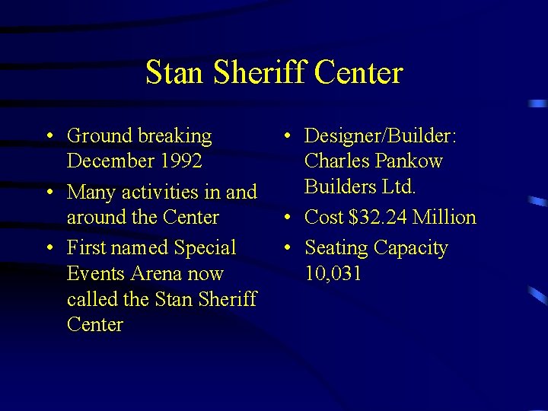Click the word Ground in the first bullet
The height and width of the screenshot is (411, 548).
tap(100, 136)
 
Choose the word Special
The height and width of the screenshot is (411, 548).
tap(205, 248)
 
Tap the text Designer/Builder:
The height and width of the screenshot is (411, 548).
tap(380, 136)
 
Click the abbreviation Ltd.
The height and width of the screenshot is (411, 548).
tap(400, 186)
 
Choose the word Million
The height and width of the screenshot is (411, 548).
tap(444, 218)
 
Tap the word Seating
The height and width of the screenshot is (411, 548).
tap(336, 248)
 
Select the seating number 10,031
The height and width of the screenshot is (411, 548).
tap(333, 273)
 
